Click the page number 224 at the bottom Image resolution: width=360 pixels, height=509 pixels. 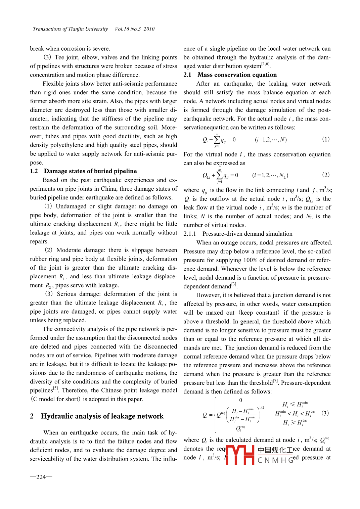coord(41,477)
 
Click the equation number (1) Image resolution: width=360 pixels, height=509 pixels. coord(326,139)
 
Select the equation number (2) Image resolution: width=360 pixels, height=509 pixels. coord(326,175)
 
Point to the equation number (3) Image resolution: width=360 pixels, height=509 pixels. coord(325,413)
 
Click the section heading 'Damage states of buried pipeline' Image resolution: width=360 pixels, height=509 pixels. coord(90,171)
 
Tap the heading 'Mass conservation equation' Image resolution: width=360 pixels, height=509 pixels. coord(237,75)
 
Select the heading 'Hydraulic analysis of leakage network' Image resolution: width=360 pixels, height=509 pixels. coord(102,416)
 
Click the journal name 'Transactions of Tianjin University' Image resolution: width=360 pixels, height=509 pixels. coord(70,29)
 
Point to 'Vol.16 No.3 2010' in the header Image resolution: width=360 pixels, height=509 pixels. coord(135,29)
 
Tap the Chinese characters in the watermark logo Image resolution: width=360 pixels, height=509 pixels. coord(275,450)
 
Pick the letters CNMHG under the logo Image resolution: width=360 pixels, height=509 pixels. coord(275,460)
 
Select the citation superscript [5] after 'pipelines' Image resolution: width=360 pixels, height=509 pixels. coord(55,388)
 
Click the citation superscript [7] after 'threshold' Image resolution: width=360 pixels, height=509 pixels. coord(275,381)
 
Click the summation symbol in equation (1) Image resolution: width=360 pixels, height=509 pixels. coord(217,139)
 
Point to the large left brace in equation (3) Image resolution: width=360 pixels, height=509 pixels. coord(215,415)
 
